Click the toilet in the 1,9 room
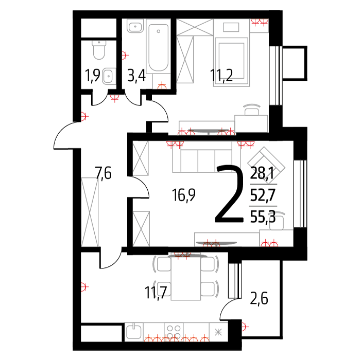click(99, 50)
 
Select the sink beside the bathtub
click(135, 26)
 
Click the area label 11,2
click(221, 76)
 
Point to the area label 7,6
click(104, 173)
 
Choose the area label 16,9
click(184, 195)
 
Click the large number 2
click(230, 194)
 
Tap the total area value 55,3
click(263, 217)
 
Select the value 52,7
click(263, 195)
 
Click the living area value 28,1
click(262, 173)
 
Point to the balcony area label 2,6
click(259, 299)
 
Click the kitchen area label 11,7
click(156, 293)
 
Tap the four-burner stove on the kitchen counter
click(174, 332)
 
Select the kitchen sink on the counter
click(134, 332)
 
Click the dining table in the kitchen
click(186, 279)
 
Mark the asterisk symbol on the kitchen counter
click(218, 332)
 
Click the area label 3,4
click(136, 76)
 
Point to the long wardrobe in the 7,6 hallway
click(90, 212)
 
